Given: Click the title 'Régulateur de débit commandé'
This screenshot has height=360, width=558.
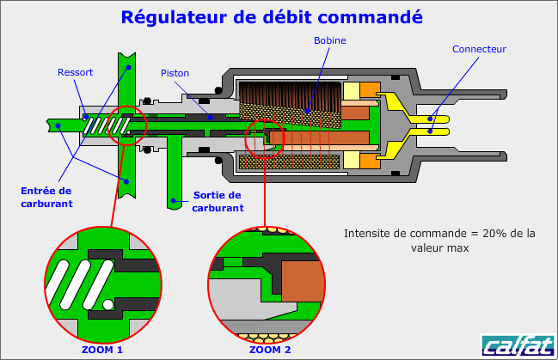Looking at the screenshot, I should coord(272,16).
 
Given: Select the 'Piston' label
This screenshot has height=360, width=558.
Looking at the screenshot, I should coord(174,73).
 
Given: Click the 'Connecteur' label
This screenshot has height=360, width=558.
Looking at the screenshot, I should coord(479,50).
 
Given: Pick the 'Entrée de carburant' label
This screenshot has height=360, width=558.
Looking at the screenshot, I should coord(46,197).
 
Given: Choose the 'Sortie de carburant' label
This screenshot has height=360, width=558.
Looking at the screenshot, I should coord(218,201).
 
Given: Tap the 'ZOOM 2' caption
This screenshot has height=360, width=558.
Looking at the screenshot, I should coord(270,350).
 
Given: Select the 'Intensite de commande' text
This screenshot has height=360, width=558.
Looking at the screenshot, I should coord(439,240).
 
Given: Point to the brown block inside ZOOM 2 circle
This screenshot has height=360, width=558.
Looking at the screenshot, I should coord(298,278).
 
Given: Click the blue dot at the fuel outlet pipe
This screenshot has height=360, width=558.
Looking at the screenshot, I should coord(173,202).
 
